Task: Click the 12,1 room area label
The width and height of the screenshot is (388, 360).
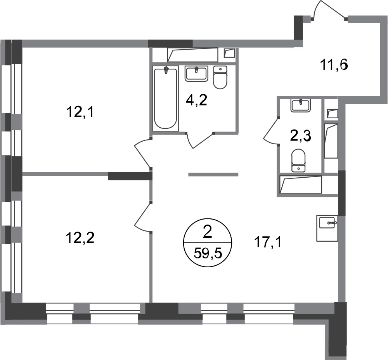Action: tap(80, 113)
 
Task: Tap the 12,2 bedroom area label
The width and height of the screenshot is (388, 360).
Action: tap(80, 238)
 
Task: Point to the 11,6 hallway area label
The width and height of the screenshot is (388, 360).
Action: tap(334, 65)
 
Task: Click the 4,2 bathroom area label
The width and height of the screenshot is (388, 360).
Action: tap(196, 100)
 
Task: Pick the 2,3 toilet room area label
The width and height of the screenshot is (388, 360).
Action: tap(300, 136)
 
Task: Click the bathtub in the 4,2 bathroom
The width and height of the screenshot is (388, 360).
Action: tap(166, 98)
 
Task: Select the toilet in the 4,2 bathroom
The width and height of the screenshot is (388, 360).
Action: tap(220, 78)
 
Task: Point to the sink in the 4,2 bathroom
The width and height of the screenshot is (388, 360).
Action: tap(196, 73)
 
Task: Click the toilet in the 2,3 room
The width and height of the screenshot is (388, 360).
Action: tap(299, 160)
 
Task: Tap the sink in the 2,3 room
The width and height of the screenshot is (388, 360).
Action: tap(300, 106)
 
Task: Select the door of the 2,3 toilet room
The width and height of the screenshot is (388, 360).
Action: tap(271, 131)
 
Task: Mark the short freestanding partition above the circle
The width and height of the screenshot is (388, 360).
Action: tap(213, 175)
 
